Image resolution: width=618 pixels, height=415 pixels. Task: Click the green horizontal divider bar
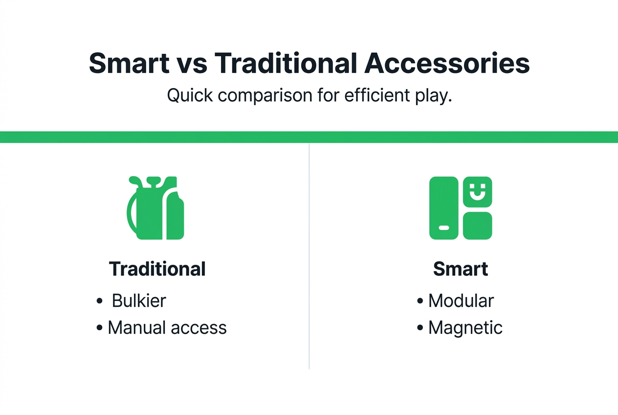[x=309, y=137]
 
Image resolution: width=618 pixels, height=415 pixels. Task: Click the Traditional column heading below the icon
[x=157, y=269]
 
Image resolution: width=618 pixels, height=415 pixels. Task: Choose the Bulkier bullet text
[x=139, y=300]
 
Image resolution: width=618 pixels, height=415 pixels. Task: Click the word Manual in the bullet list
[x=135, y=327]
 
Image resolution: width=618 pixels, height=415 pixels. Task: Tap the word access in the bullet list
[x=198, y=328]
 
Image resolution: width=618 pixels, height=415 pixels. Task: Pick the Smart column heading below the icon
[x=461, y=269]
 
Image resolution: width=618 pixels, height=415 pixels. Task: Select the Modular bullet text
[x=461, y=300]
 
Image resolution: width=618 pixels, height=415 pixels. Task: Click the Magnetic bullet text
[x=465, y=328]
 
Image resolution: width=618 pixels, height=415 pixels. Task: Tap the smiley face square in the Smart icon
[x=477, y=192]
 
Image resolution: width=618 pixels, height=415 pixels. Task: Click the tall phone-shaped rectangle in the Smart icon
[x=444, y=208]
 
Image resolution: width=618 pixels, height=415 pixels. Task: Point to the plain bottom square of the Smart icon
[x=477, y=225]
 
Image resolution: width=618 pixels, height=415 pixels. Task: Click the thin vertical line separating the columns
[x=309, y=254]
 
